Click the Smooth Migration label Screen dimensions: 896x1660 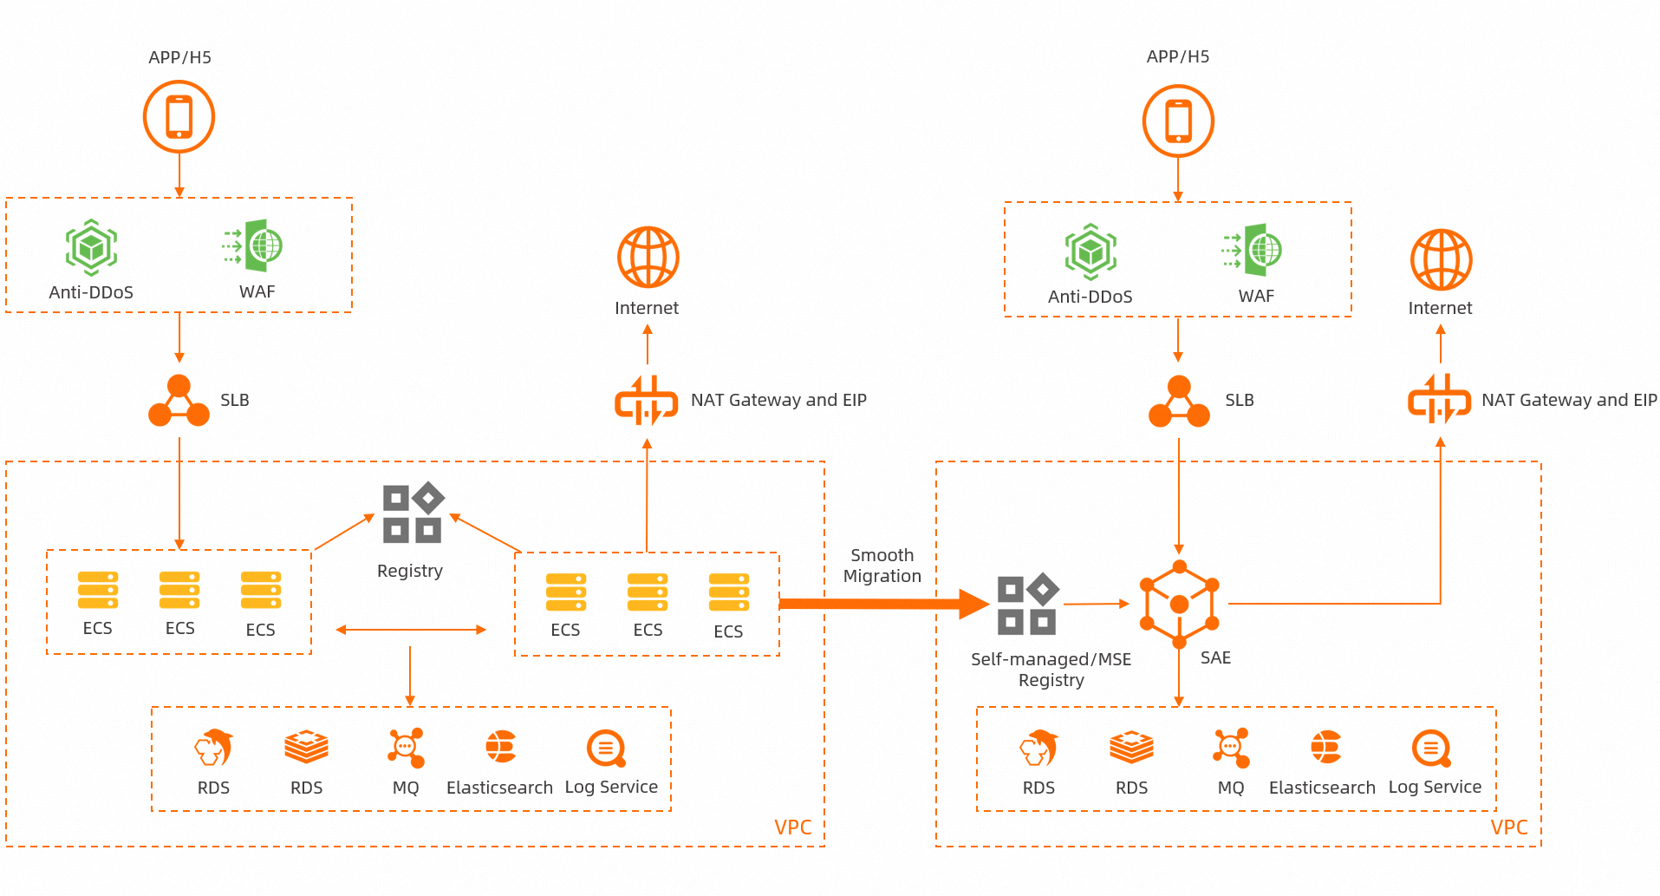882,566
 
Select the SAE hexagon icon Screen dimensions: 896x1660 1179,605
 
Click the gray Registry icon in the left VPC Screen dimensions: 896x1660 413,513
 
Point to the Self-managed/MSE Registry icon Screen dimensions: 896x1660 1028,604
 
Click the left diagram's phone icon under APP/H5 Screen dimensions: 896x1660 179,117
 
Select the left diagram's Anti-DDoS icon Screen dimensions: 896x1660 91,247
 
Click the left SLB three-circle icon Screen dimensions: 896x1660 179,401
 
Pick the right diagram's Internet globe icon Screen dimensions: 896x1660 1441,259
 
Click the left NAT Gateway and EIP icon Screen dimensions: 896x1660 647,401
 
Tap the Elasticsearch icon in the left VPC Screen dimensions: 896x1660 500,747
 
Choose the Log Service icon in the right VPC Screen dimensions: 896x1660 1432,749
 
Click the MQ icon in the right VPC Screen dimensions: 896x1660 1231,748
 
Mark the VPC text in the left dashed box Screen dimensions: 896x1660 792,827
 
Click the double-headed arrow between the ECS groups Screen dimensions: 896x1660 411,630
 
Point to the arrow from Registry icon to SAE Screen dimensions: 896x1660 1096,604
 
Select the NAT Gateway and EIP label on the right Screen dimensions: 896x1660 1569,400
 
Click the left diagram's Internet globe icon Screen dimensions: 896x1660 648,257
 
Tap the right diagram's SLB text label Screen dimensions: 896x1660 1239,400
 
